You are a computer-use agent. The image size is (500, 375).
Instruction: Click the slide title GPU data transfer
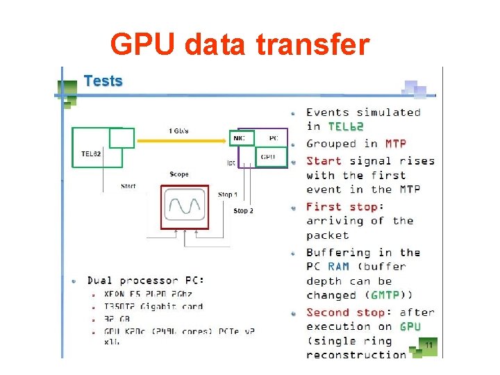(240, 44)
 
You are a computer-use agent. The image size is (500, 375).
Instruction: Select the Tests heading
(103, 81)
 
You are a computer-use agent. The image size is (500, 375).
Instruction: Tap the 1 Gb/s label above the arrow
(178, 131)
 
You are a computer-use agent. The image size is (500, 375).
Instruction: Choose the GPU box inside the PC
(268, 158)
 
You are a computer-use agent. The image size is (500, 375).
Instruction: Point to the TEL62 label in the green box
(92, 153)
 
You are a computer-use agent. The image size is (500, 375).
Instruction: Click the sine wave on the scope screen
(184, 206)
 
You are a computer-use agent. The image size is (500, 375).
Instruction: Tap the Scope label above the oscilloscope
(179, 174)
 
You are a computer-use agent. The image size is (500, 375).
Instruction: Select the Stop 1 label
(227, 195)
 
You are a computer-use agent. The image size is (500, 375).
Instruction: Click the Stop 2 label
(243, 210)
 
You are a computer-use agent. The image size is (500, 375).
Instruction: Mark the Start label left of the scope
(128, 186)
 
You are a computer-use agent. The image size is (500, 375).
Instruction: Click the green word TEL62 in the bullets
(345, 126)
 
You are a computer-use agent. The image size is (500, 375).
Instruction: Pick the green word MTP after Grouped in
(396, 144)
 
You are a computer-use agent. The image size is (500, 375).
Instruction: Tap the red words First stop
(341, 207)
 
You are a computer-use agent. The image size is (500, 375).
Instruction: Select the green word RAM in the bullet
(338, 267)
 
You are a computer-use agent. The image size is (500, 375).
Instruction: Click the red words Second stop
(345, 312)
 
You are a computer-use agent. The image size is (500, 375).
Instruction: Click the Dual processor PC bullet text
(145, 281)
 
